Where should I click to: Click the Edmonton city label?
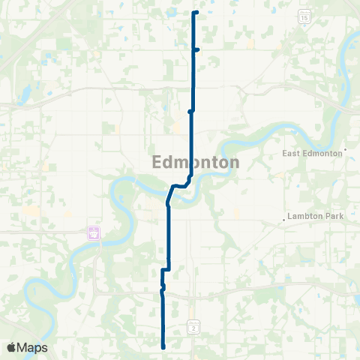click(196, 162)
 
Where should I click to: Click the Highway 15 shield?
click(304, 15)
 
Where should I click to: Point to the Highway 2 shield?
click(193, 327)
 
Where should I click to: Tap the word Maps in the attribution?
click(33, 347)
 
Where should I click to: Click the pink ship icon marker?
click(94, 232)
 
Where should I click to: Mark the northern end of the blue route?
click(196, 13)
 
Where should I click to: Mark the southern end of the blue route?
click(163, 346)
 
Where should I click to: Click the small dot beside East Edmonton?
click(346, 150)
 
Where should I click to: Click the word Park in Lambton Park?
click(334, 216)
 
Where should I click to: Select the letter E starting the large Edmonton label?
click(157, 162)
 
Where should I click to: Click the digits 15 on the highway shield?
click(304, 16)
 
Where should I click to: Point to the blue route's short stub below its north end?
click(196, 50)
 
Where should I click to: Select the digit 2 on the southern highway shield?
click(193, 328)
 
